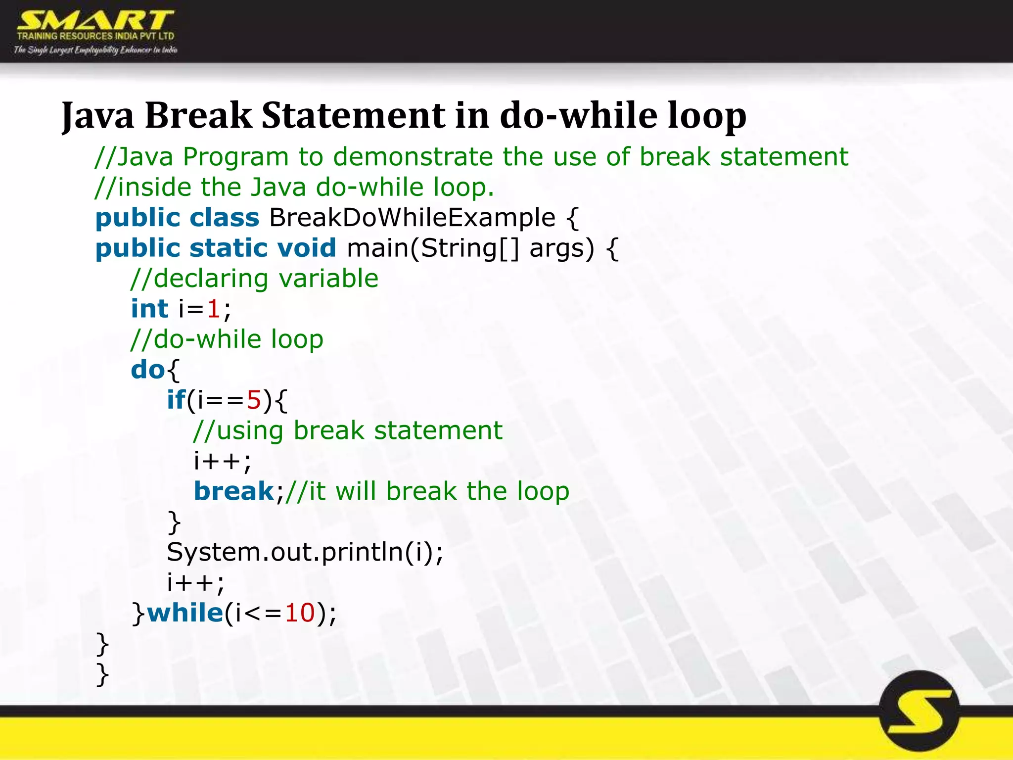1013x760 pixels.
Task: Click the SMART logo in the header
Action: coord(95,21)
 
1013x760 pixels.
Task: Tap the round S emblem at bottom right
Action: coord(920,711)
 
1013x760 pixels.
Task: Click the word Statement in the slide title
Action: coord(353,116)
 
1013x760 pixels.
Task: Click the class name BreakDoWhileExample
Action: coord(412,218)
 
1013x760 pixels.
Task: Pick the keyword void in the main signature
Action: coord(306,248)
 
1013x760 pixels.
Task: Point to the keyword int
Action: coord(149,309)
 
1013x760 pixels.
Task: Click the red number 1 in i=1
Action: coord(213,309)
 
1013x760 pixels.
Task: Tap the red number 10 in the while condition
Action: coord(300,613)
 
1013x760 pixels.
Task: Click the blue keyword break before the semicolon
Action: coord(233,491)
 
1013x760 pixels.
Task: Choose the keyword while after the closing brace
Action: coord(185,613)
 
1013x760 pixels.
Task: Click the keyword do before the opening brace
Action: coord(147,370)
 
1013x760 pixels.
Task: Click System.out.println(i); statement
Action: coord(305,552)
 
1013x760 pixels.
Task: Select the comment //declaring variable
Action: coord(254,279)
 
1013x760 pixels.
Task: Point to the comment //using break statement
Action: coord(347,430)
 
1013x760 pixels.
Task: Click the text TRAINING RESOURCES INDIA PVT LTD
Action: coord(95,36)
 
